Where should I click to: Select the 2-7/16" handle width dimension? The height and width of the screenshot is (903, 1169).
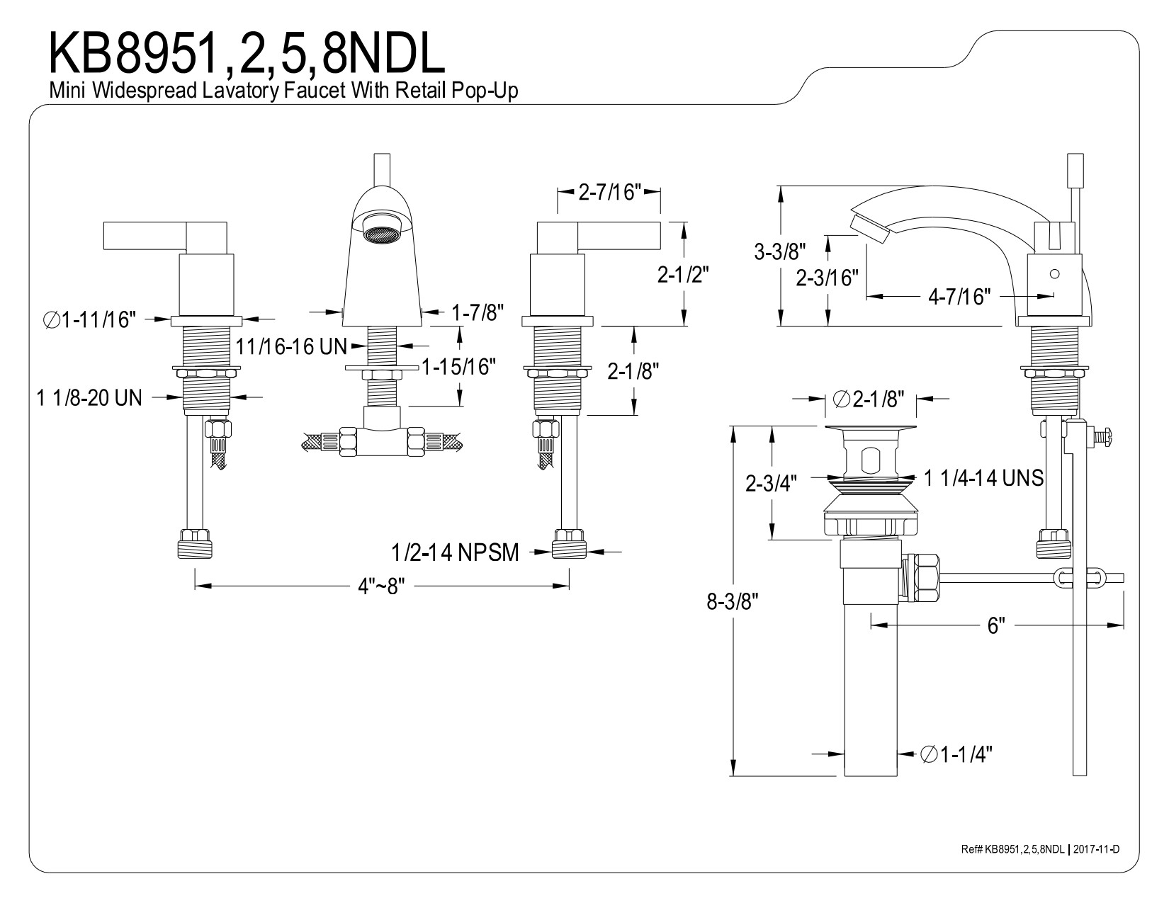pos(609,192)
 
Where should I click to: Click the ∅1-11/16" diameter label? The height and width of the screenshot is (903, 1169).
pos(89,320)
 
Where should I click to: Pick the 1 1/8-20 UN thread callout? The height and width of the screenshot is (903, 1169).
pos(89,398)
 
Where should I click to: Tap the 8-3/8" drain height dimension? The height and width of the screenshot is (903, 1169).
pos(732,602)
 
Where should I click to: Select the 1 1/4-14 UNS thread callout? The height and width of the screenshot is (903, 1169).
pos(983,479)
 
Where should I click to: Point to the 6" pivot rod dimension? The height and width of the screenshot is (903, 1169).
pos(995,626)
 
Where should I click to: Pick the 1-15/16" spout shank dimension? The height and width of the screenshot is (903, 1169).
pos(458,367)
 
